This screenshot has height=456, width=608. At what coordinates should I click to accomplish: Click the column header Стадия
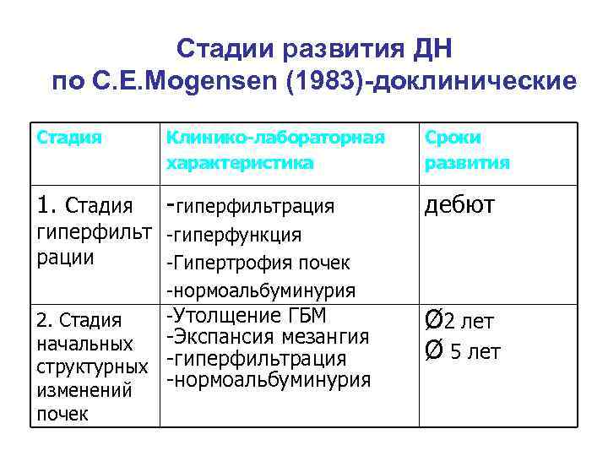point(69,137)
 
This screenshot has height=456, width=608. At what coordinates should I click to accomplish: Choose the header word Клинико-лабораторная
point(275,137)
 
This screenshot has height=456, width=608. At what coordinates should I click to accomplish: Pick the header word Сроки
point(453,137)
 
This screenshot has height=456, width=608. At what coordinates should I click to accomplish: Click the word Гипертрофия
point(227,263)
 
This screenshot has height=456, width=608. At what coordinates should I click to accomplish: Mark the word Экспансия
point(220,337)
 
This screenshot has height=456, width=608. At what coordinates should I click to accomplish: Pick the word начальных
point(84,345)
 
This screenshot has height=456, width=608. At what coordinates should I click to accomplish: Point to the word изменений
point(84,391)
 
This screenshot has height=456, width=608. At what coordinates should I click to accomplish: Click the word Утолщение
point(224,316)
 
